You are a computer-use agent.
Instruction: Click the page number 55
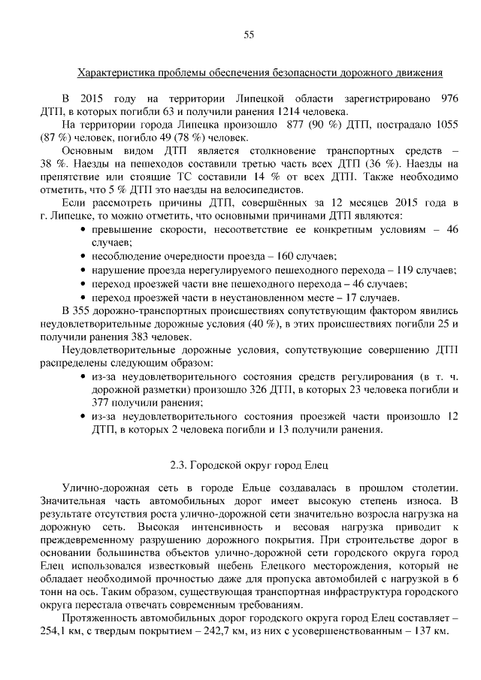pos(249,34)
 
